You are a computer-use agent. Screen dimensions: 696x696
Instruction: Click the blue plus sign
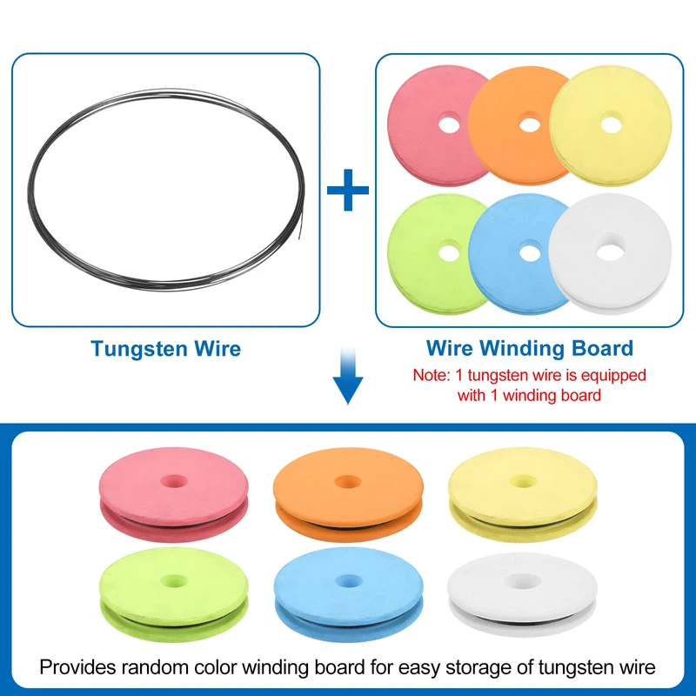348,191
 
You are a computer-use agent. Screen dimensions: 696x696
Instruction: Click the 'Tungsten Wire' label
166,349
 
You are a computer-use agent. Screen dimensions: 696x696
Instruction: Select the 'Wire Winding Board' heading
530,349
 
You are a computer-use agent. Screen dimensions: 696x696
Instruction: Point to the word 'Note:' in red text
432,376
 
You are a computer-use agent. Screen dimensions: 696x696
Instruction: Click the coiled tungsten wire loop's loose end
296,232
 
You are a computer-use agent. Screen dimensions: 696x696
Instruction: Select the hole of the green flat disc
449,252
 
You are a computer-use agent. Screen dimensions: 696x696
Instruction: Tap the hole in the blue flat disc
529,251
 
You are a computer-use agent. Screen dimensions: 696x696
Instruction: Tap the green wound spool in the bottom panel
174,594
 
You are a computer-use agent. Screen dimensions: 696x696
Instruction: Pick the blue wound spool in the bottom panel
348,594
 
